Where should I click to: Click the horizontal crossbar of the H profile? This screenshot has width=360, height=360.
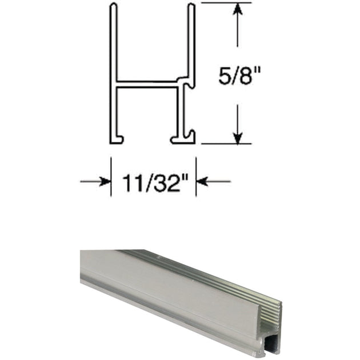pyautogui.click(x=149, y=84)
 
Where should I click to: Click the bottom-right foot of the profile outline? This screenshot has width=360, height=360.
pyautogui.click(x=184, y=139)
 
